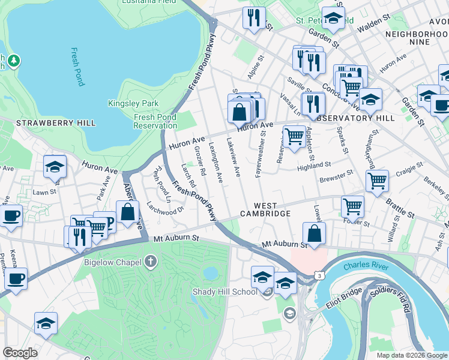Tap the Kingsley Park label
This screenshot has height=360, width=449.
133,103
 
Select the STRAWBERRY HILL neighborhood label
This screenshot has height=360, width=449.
47,123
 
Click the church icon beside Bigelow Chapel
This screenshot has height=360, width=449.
151,262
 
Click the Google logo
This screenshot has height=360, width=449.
20,353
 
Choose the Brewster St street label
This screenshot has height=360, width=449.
336,177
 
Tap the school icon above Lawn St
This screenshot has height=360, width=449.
55,168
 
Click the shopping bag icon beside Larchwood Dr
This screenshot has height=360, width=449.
128,212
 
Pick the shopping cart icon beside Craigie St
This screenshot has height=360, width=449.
377,180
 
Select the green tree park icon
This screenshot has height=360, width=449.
13,61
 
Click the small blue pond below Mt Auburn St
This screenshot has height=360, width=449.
210,274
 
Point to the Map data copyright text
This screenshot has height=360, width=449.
411,355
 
